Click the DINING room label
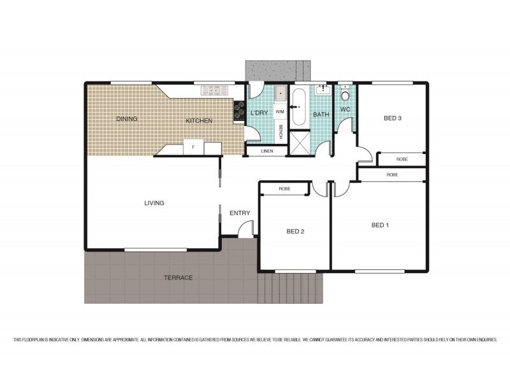[x=127, y=118]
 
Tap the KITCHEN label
[x=199, y=120]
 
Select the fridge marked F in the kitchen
[x=193, y=147]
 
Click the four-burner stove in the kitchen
[x=240, y=111]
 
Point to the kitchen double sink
[x=212, y=91]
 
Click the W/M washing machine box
[x=279, y=111]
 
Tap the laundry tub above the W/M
[x=280, y=95]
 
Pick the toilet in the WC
[x=345, y=95]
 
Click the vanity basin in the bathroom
[x=321, y=90]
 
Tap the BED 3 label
[x=392, y=118]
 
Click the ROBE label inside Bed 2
[x=284, y=189]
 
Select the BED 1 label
[x=380, y=225]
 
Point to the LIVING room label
[x=154, y=203]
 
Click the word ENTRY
[x=240, y=213]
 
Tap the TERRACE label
[x=178, y=278]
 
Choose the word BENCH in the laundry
[x=280, y=131]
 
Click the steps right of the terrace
[x=290, y=288]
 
